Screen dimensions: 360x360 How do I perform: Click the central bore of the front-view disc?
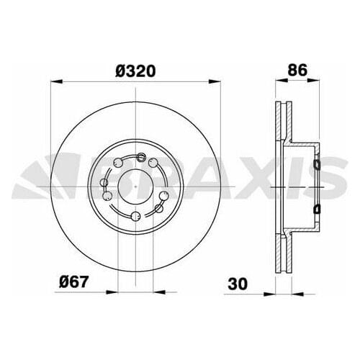[x=135, y=186]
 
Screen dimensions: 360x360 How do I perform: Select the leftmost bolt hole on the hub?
[x=106, y=195]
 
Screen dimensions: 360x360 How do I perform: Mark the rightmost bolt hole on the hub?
[x=166, y=195]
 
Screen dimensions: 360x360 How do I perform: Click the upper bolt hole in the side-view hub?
[x=316, y=168]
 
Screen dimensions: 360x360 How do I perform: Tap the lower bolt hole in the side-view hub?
[x=316, y=208]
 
